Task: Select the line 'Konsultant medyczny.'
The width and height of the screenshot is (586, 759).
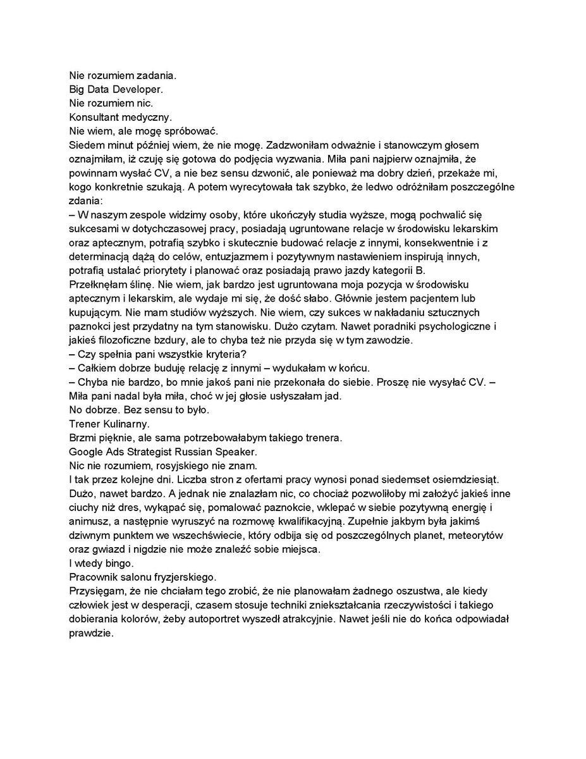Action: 116,117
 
